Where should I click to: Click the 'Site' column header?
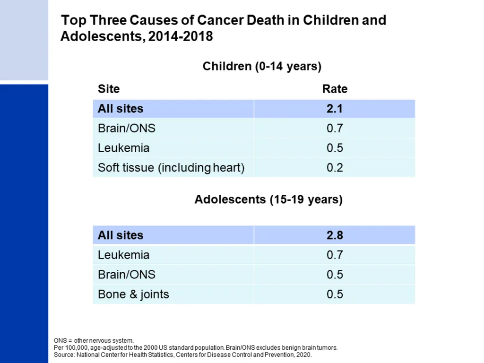pos(109,89)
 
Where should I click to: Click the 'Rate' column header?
pos(335,89)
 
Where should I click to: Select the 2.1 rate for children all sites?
pos(335,109)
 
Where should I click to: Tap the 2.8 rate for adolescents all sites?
pos(335,235)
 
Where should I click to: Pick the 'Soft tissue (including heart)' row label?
pos(171,168)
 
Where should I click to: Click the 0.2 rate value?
pos(335,168)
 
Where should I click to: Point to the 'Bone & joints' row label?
pos(133,294)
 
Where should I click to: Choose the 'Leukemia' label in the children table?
pos(123,148)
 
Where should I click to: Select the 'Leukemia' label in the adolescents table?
pos(123,255)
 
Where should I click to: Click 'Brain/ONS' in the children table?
pos(127,128)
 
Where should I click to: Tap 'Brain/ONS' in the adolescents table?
pos(127,275)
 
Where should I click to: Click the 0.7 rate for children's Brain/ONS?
pos(335,128)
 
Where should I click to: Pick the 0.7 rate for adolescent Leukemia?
pos(335,255)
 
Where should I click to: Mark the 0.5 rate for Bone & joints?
pos(335,294)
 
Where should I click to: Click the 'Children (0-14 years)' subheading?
pos(262,66)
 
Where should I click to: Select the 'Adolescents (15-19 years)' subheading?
pos(268,199)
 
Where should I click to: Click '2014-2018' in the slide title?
pos(181,36)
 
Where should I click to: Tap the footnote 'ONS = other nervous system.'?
pos(94,340)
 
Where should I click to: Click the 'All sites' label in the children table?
pos(121,109)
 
